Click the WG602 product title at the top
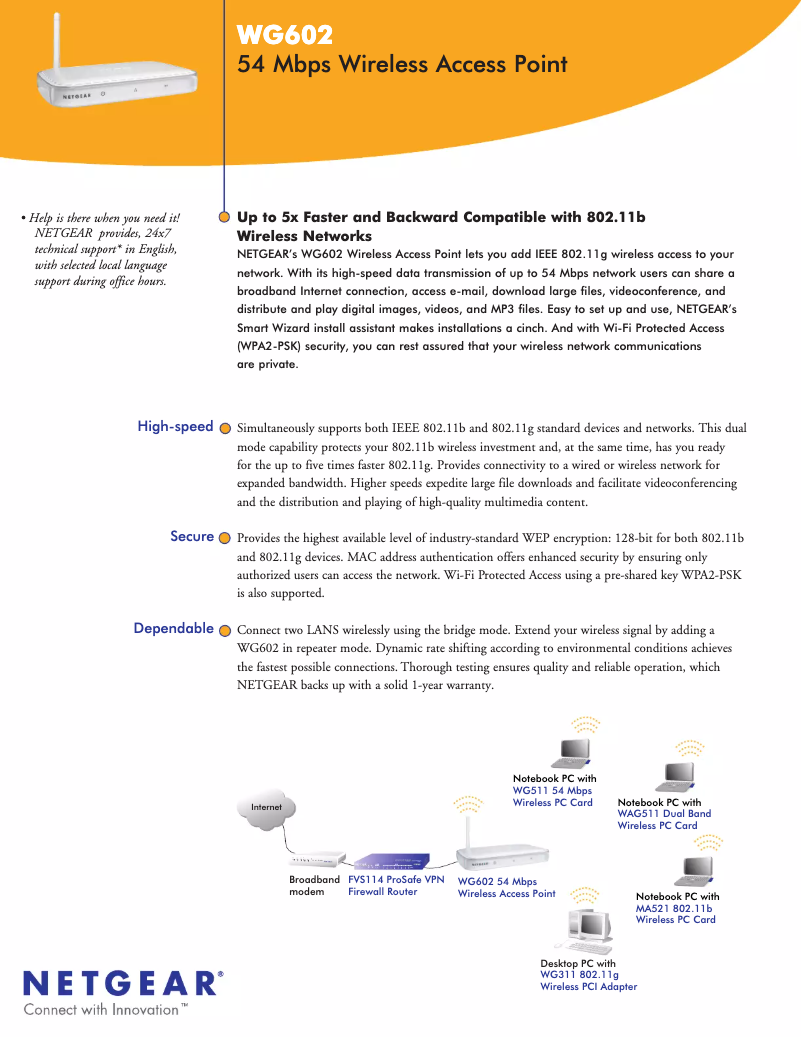[284, 36]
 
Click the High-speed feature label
[175, 427]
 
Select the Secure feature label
[192, 537]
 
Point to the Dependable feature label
[174, 629]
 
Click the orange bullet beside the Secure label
[225, 538]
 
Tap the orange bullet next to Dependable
[225, 630]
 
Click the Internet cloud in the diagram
[266, 807]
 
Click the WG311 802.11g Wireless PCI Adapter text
[588, 980]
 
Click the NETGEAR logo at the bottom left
[119, 982]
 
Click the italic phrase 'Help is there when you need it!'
[104, 218]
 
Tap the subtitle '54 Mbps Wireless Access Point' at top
[402, 65]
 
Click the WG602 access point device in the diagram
[503, 856]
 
